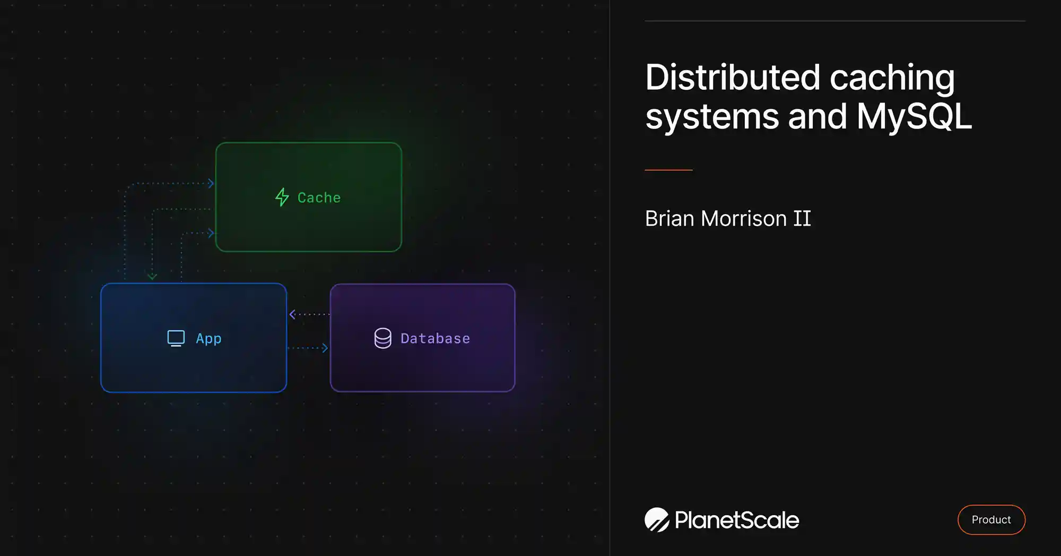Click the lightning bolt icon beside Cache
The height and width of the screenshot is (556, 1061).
[x=282, y=197]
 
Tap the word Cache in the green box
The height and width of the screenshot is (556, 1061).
[x=319, y=198]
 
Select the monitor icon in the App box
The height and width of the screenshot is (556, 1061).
[x=176, y=338]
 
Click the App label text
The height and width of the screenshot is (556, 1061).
[x=208, y=338]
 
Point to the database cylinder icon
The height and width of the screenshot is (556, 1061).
[x=382, y=338]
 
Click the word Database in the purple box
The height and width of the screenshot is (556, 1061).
[x=435, y=338]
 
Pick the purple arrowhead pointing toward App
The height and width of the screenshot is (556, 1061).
[x=292, y=314]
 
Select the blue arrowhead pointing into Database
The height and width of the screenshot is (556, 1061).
[x=325, y=348]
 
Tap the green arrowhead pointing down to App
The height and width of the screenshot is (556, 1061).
[x=152, y=276]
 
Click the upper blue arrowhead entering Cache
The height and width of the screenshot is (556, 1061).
[x=211, y=183]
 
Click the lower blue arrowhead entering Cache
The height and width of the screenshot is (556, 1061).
[x=211, y=233]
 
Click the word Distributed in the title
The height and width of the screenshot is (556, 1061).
[x=732, y=78]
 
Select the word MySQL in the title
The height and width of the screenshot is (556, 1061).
[x=914, y=117]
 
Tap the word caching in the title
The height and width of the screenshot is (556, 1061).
[x=892, y=78]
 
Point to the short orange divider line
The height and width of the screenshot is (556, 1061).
[x=668, y=170]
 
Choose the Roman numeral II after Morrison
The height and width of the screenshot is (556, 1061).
[x=802, y=219]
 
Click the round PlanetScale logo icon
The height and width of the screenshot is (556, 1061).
[x=657, y=519]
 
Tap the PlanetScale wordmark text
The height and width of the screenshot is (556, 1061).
[x=737, y=520]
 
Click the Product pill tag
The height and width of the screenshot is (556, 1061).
[x=991, y=519]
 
